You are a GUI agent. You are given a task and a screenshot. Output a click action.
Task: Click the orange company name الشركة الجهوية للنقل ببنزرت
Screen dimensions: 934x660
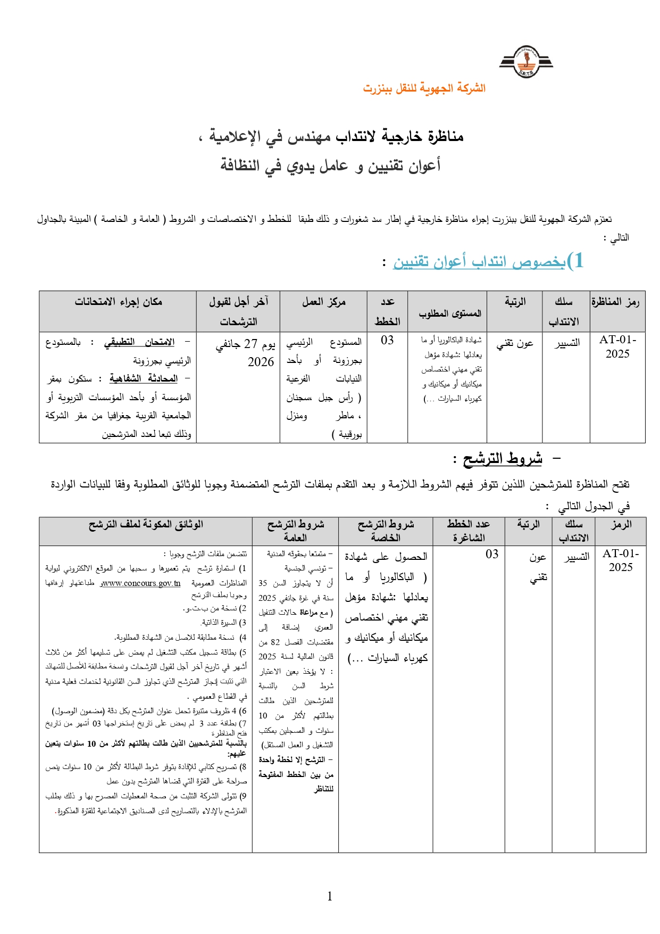coord(424,88)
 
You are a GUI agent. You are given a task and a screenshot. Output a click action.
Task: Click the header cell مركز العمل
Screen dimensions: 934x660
coord(323,302)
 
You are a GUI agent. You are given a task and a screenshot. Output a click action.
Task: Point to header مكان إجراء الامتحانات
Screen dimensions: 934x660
coord(118,302)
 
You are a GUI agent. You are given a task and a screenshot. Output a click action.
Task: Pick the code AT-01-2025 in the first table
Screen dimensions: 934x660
coord(617,346)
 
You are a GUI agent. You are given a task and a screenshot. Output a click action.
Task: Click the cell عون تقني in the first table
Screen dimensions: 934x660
coord(514,344)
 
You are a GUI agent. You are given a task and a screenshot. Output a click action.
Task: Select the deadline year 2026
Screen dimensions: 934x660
coord(261,362)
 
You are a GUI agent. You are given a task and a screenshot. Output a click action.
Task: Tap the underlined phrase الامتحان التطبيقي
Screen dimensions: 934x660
coord(139,342)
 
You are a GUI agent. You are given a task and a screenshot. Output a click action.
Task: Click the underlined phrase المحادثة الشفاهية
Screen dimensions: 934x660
coord(143,378)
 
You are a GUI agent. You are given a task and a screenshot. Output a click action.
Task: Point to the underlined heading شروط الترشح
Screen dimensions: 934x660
coord(502,459)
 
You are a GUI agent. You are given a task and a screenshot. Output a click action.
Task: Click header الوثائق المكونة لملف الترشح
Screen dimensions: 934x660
coord(146,525)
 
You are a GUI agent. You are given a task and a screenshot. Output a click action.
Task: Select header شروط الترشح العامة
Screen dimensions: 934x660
coord(295,531)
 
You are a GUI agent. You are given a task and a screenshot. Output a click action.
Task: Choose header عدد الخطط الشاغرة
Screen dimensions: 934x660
coord(468,531)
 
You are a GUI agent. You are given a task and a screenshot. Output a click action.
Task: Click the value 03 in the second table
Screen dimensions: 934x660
coord(492,555)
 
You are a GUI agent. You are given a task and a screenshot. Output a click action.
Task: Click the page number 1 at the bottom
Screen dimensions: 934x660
coord(330,896)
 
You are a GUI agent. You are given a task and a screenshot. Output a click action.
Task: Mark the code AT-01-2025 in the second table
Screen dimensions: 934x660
coord(621,560)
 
